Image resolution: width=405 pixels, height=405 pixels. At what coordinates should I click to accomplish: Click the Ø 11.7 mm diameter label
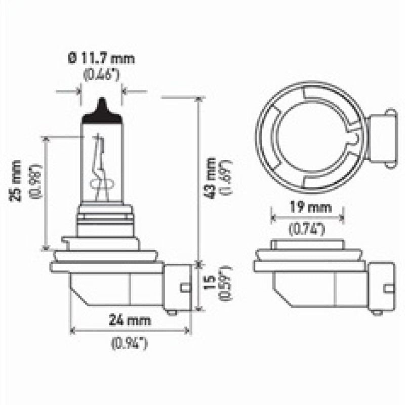pyautogui.click(x=101, y=59)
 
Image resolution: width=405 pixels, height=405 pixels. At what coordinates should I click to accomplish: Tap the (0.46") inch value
pyautogui.click(x=101, y=75)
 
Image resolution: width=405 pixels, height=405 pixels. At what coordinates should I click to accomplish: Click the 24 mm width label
pyautogui.click(x=130, y=319)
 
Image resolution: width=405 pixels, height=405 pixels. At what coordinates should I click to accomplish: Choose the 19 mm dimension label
pyautogui.click(x=307, y=207)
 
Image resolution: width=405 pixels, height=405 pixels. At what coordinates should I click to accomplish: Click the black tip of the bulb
pyautogui.click(x=102, y=110)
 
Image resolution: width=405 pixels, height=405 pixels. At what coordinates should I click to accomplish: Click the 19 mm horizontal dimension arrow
pyautogui.click(x=307, y=218)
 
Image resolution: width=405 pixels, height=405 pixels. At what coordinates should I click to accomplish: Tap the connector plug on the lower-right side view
pyautogui.click(x=382, y=287)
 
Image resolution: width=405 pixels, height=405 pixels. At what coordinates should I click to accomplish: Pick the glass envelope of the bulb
pyautogui.click(x=102, y=157)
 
